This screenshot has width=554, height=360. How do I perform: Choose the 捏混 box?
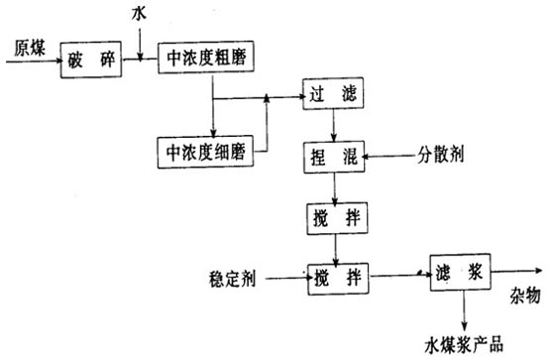334,155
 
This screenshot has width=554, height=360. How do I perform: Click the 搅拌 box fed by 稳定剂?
336,278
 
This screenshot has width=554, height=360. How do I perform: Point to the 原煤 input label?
26,47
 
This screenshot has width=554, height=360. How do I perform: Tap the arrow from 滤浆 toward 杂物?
515,271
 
